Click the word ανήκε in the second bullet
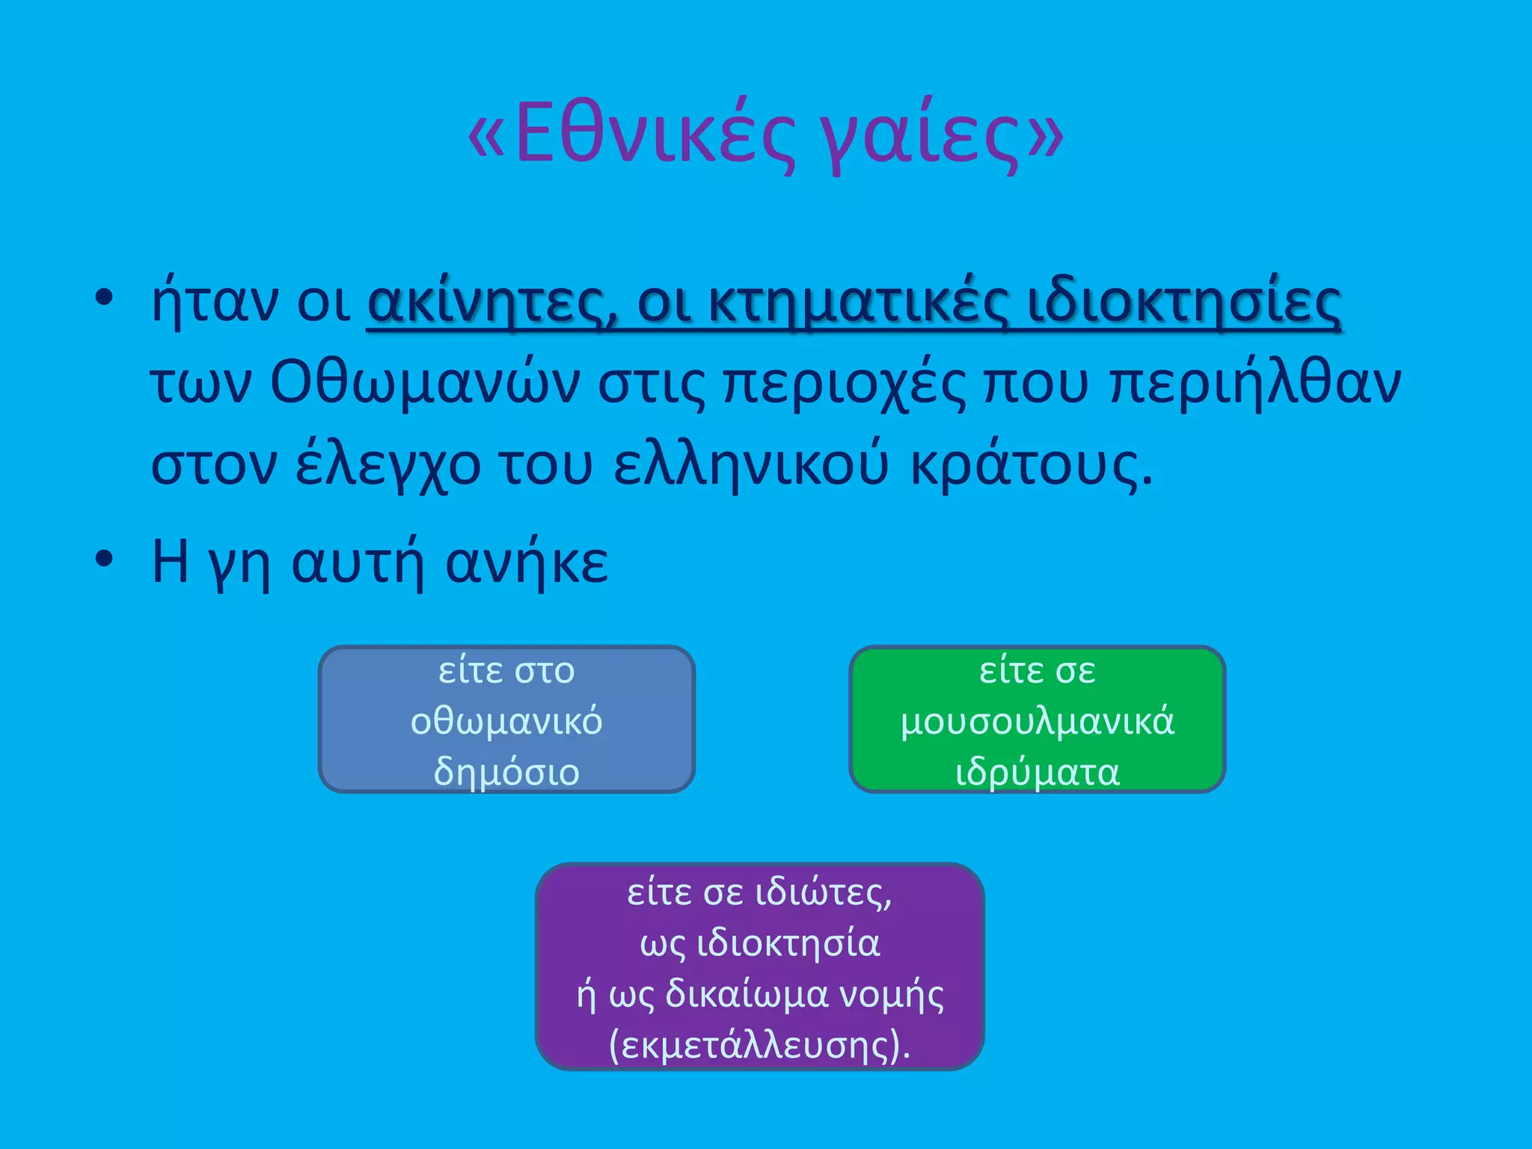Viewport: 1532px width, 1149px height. [527, 563]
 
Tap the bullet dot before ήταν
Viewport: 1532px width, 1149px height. [104, 298]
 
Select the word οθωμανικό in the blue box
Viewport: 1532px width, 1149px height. [506, 722]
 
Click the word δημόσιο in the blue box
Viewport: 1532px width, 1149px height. [506, 772]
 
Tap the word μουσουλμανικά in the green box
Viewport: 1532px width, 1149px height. [1038, 722]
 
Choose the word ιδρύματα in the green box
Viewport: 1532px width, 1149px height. [1038, 772]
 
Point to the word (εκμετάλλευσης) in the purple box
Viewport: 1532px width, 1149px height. [759, 1045]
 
